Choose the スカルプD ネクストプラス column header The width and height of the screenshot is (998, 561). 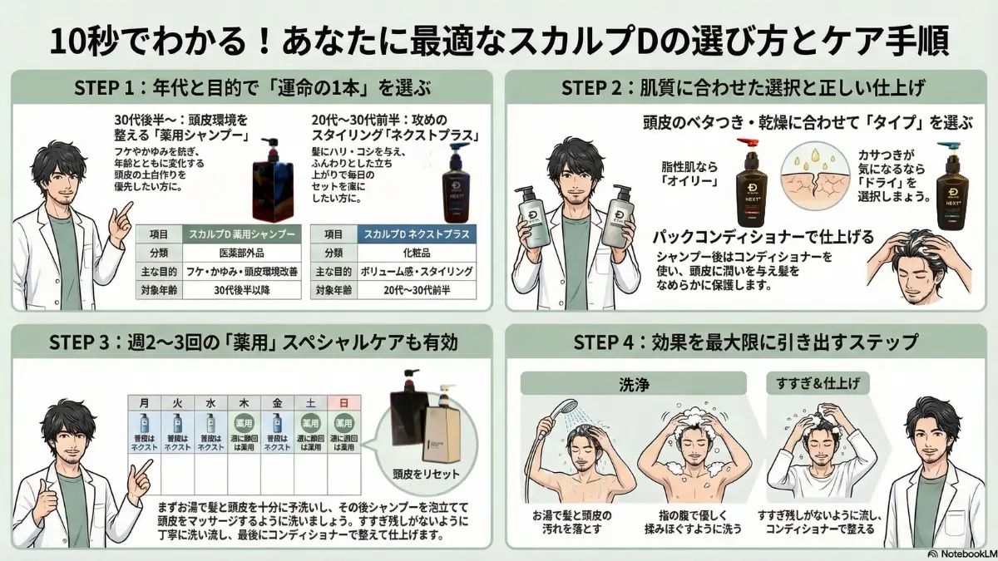(416, 234)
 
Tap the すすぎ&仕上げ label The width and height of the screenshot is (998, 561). (813, 384)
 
